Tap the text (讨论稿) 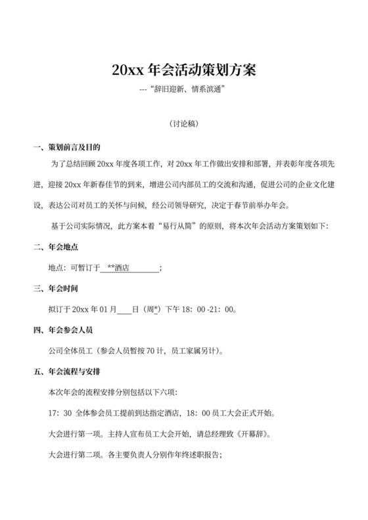click(184, 123)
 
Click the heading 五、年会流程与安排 click(66, 372)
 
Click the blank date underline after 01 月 click(124, 309)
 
